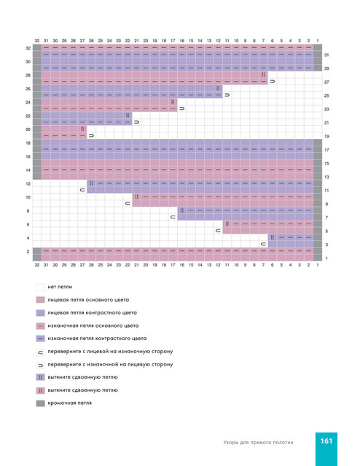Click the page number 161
pyautogui.click(x=326, y=441)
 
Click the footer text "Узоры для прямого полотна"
pyautogui.click(x=258, y=443)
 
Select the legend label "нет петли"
pyautogui.click(x=60, y=287)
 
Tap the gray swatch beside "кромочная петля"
pyautogui.click(x=41, y=403)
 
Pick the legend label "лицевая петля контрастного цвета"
pyautogui.click(x=93, y=313)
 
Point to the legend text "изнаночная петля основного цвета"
pyautogui.click(x=93, y=325)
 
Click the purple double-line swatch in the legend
pyautogui.click(x=41, y=377)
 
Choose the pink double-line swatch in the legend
pyautogui.click(x=41, y=390)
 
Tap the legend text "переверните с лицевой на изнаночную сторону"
pyautogui.click(x=110, y=352)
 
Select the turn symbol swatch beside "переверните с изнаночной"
pyautogui.click(x=41, y=365)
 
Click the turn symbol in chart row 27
pyautogui.click(x=273, y=82)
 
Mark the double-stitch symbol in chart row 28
pyautogui.click(x=263, y=75)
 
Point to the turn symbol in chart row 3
pyautogui.click(x=263, y=245)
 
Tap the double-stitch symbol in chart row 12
pyautogui.click(x=91, y=183)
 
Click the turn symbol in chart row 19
pyautogui.click(x=91, y=136)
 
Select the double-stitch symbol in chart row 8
pyautogui.click(x=181, y=210)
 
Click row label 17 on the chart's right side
pyautogui.click(x=326, y=150)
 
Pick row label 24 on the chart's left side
pyautogui.click(x=28, y=103)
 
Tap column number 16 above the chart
pyautogui.click(x=181, y=41)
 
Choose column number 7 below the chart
pyautogui.click(x=263, y=265)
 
